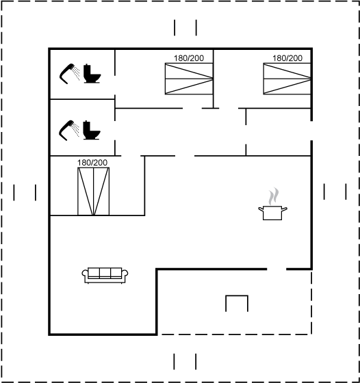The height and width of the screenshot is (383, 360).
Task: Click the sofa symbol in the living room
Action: pyautogui.click(x=105, y=275)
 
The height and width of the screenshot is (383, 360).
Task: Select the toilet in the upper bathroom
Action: pyautogui.click(x=92, y=74)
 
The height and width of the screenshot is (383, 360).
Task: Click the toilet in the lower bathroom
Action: pyautogui.click(x=92, y=130)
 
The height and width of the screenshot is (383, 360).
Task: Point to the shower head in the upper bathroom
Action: pyautogui.click(x=69, y=74)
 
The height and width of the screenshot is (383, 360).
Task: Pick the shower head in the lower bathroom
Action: pyautogui.click(x=68, y=131)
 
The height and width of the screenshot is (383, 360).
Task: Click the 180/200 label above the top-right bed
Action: pyautogui.click(x=287, y=58)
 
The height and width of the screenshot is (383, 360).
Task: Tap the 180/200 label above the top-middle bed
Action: pyautogui.click(x=189, y=58)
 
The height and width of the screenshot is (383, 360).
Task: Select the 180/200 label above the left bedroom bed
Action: pyautogui.click(x=92, y=163)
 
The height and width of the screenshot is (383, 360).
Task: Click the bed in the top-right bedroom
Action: pyautogui.click(x=287, y=79)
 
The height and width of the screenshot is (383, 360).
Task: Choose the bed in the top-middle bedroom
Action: pyautogui.click(x=189, y=79)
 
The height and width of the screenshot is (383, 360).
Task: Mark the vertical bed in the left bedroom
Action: pyautogui.click(x=93, y=191)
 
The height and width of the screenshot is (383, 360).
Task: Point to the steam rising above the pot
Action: pyautogui.click(x=274, y=196)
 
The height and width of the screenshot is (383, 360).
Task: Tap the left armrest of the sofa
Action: pyautogui.click(x=85, y=274)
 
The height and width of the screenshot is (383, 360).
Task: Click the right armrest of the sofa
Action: pyautogui.click(x=125, y=274)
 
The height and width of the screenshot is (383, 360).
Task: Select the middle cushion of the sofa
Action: pyautogui.click(x=105, y=272)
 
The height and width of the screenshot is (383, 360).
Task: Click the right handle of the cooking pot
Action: pyautogui.click(x=285, y=209)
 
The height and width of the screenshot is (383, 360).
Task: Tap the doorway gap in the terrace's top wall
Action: pyautogui.click(x=277, y=269)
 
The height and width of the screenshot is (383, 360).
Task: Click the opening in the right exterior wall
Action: pyautogui.click(x=311, y=131)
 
